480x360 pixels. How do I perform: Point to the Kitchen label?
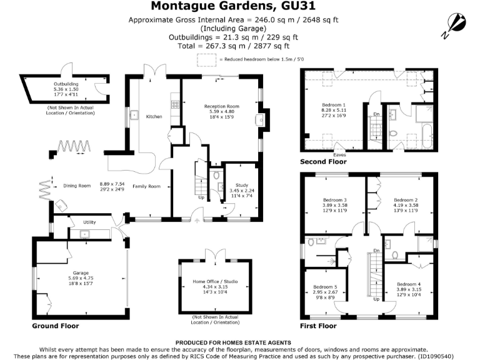pos(154,117)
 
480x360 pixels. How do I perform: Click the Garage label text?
pos(79,274)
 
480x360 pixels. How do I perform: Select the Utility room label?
pos(72,222)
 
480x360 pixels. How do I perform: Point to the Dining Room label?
pos(77,186)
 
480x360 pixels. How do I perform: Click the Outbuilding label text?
pos(66,83)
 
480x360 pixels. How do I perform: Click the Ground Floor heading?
pos(56,326)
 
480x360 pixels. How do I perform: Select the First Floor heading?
pos(319,326)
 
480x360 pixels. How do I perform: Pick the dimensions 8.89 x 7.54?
pos(112,184)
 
